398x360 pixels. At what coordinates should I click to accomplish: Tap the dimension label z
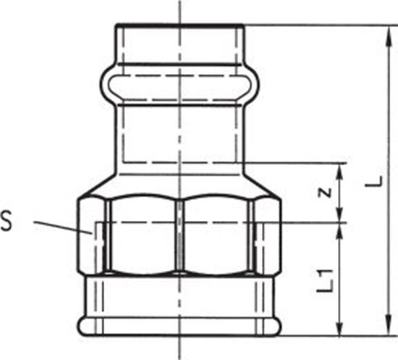326,192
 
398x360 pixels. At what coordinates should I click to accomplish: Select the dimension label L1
326,278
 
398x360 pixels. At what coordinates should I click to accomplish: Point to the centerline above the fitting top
179,11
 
